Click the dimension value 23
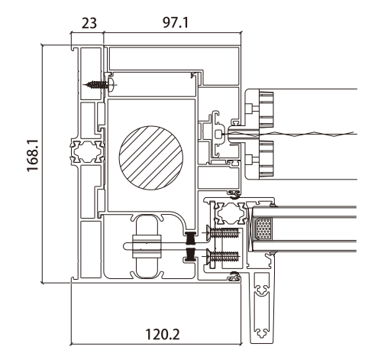[89, 23]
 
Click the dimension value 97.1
[176, 23]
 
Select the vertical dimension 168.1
[33, 155]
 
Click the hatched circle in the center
[151, 158]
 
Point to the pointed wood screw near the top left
[100, 84]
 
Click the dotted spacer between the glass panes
[263, 229]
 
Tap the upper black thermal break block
[191, 238]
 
